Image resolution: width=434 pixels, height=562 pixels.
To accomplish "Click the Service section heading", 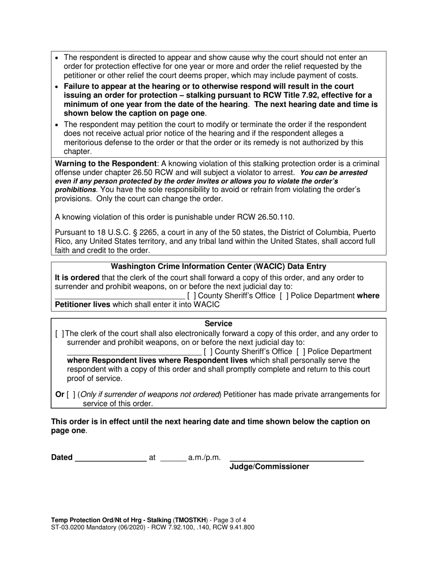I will coord(218,324).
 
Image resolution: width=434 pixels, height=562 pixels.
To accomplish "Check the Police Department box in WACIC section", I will coord(284,296).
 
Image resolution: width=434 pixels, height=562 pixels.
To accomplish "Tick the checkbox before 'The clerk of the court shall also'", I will coord(60,334).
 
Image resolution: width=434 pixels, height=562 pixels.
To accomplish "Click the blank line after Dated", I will coord(110,458).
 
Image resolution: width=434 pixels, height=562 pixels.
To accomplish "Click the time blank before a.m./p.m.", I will coord(174,458).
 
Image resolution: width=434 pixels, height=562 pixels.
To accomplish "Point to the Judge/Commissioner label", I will coord(269,467).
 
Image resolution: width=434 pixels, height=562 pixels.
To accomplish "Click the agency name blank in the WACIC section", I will coord(120,296).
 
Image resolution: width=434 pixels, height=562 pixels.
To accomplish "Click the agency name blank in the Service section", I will coord(133,352).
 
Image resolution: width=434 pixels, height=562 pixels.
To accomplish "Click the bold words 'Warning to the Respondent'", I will coord(106,164).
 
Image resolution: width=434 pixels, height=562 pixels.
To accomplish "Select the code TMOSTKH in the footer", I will coord(190,520).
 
